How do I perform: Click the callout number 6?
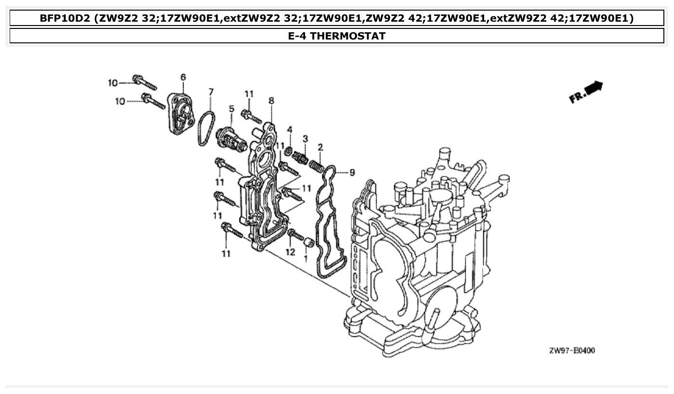click(183, 77)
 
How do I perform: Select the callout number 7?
click(211, 92)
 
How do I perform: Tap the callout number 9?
click(352, 172)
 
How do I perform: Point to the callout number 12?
click(290, 251)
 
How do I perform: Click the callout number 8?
click(271, 101)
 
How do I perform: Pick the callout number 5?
click(231, 109)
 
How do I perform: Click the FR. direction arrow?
click(586, 92)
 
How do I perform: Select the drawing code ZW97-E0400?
click(571, 351)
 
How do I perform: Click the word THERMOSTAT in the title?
click(348, 36)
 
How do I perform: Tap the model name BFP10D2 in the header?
click(66, 19)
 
